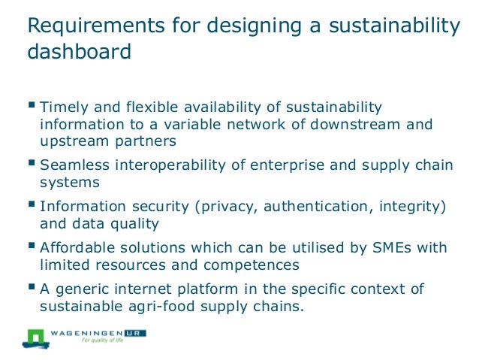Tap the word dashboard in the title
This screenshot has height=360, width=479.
pyautogui.click(x=78, y=53)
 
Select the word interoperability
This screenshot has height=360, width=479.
pyautogui.click(x=174, y=164)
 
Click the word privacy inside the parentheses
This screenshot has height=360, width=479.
pyautogui.click(x=209, y=205)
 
